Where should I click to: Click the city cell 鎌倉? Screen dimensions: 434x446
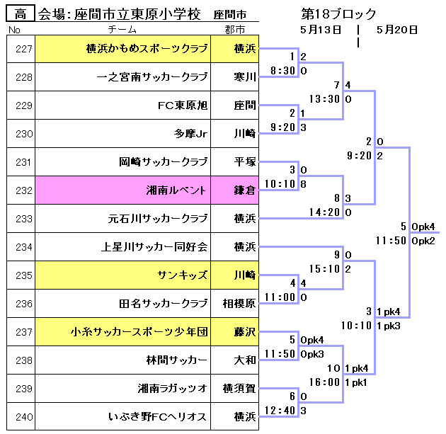(244, 190)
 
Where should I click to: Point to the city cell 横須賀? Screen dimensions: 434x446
(239, 389)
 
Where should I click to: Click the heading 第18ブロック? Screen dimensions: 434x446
(338, 14)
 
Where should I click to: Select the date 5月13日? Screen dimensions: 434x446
(321, 30)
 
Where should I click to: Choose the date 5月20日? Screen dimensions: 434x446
(396, 30)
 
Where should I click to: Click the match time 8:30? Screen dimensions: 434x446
(282, 71)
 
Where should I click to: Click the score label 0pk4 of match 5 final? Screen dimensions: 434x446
(423, 227)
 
